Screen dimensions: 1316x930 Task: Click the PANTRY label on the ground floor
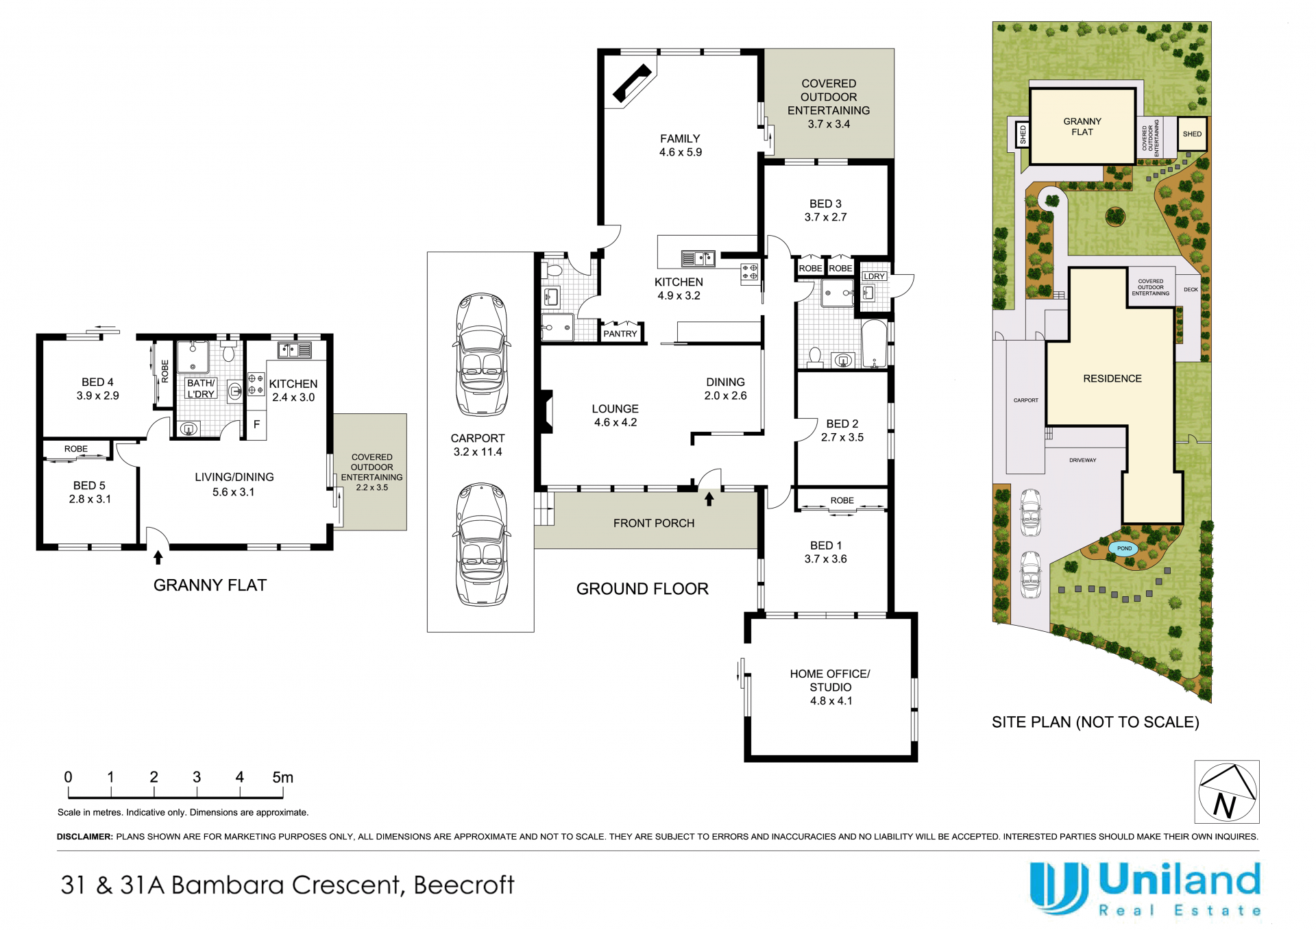pos(620,334)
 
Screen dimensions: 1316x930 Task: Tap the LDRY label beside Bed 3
pos(874,276)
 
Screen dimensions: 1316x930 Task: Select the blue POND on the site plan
pos(1124,548)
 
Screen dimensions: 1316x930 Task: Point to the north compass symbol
pos(1227,792)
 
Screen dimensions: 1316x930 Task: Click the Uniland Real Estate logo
pos(1145,889)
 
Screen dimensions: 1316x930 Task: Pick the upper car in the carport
pos(481,354)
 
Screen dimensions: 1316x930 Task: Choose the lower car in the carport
pos(481,544)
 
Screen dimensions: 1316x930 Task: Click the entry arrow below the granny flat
pos(158,557)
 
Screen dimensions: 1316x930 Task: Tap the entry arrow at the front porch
pos(709,499)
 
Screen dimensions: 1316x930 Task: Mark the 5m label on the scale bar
pos(282,777)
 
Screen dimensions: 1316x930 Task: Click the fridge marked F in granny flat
pos(256,425)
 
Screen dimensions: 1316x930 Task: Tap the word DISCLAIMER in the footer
pos(84,837)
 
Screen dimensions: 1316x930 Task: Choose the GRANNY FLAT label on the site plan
pos(1082,127)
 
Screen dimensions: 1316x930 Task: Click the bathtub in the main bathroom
pos(875,343)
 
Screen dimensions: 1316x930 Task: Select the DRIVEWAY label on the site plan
pos(1082,461)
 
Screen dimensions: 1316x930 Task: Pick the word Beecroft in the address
pos(463,885)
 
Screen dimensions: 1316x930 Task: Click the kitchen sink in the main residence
pos(698,258)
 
